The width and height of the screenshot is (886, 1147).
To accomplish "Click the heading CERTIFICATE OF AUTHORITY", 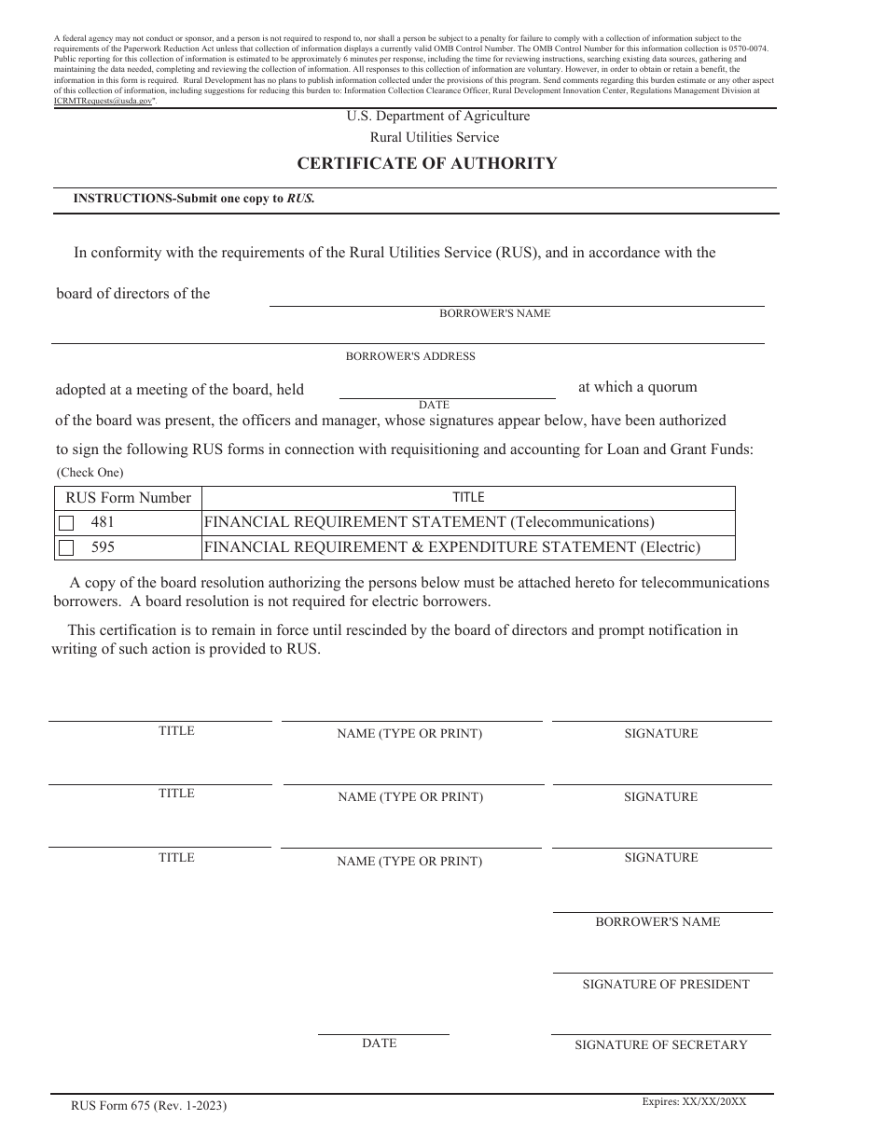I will [x=427, y=163].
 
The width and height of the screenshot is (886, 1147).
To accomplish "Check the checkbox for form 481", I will [x=66, y=523].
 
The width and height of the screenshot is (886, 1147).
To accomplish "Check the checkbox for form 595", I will [x=66, y=548].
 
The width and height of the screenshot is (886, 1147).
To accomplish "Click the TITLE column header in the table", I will [x=468, y=498].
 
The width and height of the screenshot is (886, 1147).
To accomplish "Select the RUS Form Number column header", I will [x=128, y=498].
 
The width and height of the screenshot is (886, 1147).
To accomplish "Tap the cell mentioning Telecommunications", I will [x=429, y=522].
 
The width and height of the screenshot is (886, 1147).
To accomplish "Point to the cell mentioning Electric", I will [x=451, y=547].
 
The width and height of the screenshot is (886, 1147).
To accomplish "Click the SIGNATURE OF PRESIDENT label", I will [x=665, y=984].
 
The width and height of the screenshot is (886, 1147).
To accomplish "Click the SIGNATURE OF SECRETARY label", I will [x=660, y=1044].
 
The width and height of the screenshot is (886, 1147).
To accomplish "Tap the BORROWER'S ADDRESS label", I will [x=410, y=356].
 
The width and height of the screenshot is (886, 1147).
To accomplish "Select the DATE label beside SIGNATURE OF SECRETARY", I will [x=379, y=1043].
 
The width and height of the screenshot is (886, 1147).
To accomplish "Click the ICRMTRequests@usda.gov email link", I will [x=103, y=101].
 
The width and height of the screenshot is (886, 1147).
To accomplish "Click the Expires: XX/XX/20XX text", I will [x=694, y=1101].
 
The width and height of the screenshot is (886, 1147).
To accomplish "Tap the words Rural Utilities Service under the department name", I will [x=435, y=137].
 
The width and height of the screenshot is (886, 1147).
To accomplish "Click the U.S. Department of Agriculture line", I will [x=437, y=117].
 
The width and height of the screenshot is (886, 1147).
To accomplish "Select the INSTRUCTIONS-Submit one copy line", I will [x=194, y=199].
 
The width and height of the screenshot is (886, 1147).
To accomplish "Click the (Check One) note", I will [x=90, y=472].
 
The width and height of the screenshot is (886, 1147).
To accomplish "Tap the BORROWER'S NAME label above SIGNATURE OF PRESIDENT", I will [x=658, y=921].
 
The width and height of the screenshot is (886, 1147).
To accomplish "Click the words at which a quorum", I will [x=637, y=387].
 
